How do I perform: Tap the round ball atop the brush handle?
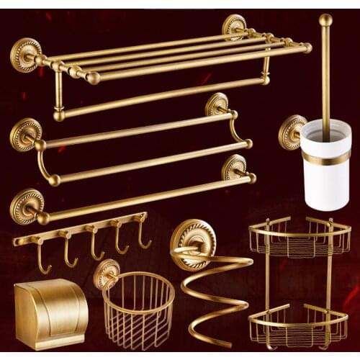326,20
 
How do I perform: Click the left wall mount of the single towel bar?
26,204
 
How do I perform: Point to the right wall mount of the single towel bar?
234,168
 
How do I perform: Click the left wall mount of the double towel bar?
26,133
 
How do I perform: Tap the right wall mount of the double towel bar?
217,105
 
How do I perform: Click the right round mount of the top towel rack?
235,27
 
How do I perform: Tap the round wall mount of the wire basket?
107,273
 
